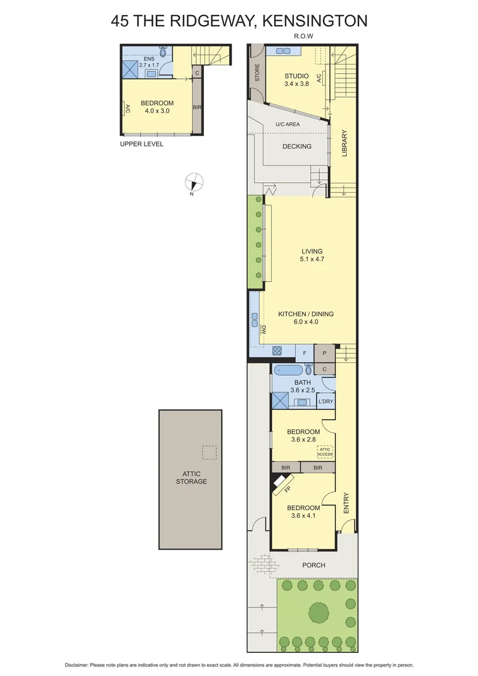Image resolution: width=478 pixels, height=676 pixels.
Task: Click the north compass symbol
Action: coord(195,183)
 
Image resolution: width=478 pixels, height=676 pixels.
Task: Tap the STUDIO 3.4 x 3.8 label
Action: coord(297,79)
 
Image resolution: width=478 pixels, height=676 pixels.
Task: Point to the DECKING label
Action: coord(297,146)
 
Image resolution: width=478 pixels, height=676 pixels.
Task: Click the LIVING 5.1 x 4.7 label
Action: coord(311,255)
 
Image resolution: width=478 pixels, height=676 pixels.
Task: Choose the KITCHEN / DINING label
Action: coord(306,318)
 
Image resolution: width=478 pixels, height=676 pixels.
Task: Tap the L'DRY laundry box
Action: coord(325,401)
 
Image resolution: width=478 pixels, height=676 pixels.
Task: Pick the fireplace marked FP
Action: coord(283,484)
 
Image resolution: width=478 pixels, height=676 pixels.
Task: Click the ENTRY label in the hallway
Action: coord(346,503)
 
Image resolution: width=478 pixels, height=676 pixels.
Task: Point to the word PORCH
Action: coord(313,565)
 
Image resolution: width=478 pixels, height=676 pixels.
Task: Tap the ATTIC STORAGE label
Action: coord(190,478)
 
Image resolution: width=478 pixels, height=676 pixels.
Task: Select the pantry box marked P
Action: coord(325,353)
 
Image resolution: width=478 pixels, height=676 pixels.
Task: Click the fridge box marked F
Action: coord(305,353)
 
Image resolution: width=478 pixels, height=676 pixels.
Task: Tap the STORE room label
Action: coord(257,74)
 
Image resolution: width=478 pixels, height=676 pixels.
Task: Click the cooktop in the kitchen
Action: coord(277,351)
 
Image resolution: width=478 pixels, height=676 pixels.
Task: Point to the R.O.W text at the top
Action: coord(303,36)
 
